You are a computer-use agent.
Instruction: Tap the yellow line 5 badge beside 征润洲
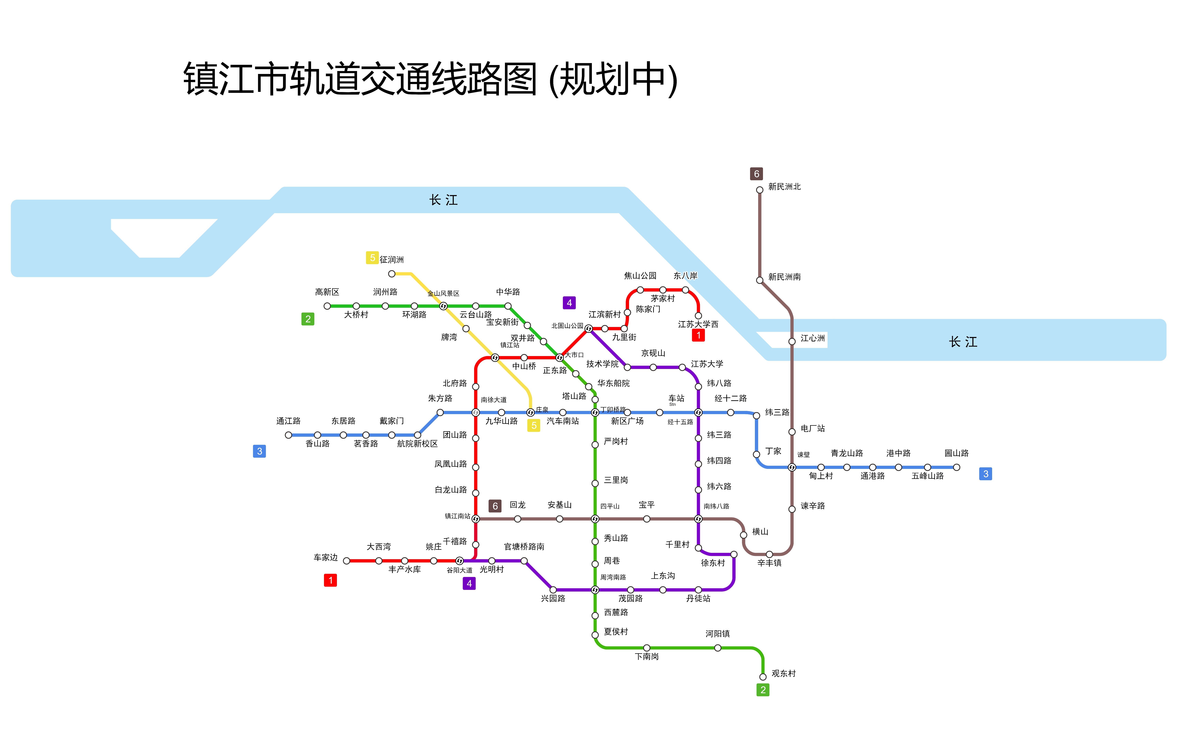pyautogui.click(x=372, y=258)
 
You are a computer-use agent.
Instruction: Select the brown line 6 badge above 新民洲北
pyautogui.click(x=756, y=174)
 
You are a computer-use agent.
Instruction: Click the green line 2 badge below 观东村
pyautogui.click(x=763, y=690)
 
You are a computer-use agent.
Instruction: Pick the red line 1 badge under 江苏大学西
pyautogui.click(x=698, y=335)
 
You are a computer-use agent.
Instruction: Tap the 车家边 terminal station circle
pyautogui.click(x=346, y=561)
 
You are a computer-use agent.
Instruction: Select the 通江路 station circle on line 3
pyautogui.click(x=289, y=435)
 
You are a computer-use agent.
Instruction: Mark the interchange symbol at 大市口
pyautogui.click(x=559, y=358)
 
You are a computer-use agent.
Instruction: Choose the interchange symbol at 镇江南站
pyautogui.click(x=476, y=519)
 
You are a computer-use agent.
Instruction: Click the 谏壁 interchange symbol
pyautogui.click(x=792, y=467)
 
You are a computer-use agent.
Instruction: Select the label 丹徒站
pyautogui.click(x=698, y=598)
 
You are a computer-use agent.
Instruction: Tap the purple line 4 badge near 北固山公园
pyautogui.click(x=569, y=303)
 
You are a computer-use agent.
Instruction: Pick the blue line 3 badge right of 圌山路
pyautogui.click(x=985, y=474)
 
